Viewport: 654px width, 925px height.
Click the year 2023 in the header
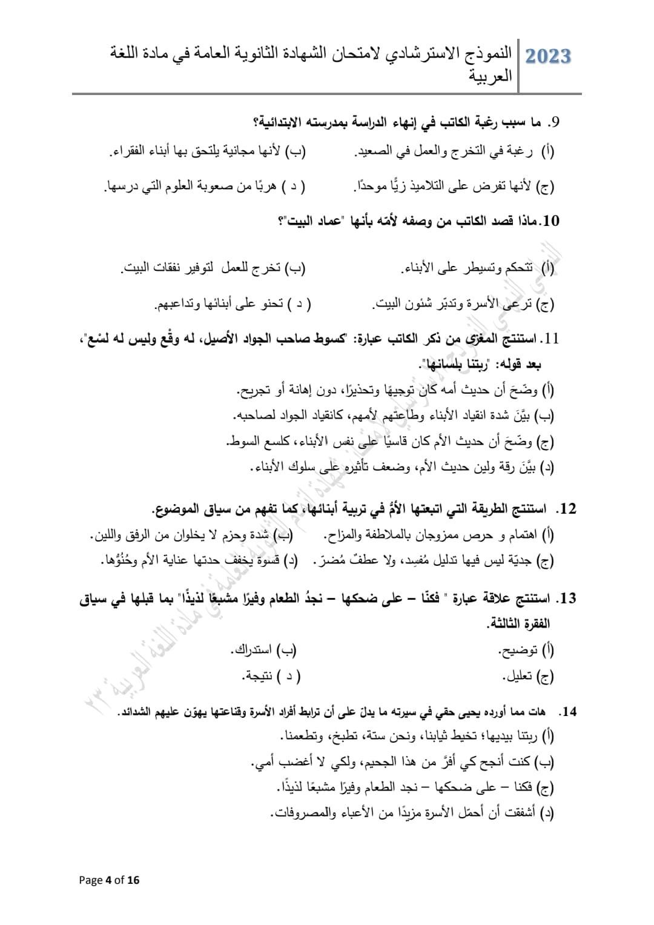coord(548,56)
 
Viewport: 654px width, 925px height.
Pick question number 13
coord(567,599)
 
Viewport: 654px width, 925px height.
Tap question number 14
coord(568,712)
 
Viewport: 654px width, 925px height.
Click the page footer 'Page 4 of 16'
coord(110,880)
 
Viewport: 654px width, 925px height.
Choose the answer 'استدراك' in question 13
coord(252,651)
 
